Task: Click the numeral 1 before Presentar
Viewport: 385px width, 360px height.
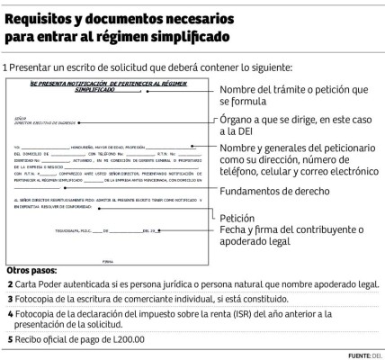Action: [5, 68]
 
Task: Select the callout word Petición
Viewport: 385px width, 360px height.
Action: [237, 218]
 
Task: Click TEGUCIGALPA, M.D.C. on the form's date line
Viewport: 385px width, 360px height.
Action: [55, 232]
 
